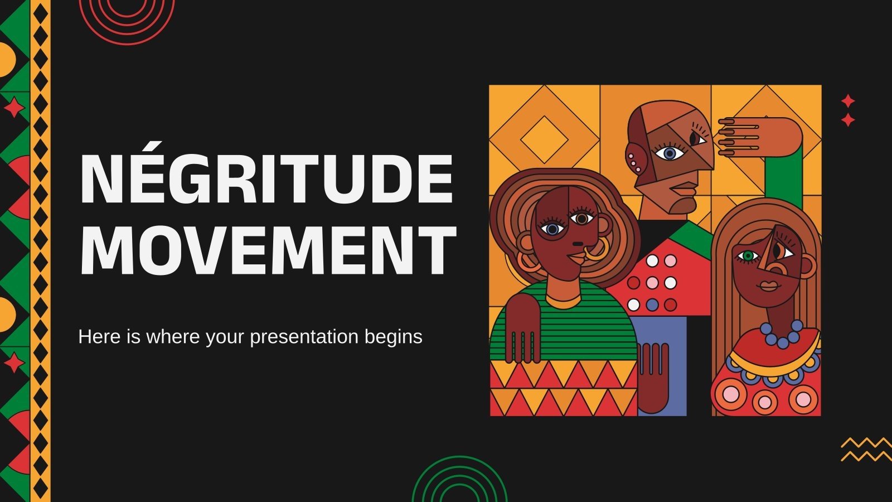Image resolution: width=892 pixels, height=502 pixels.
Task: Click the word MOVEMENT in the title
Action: [268, 250]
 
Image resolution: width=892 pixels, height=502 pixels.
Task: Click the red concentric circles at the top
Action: [127, 17]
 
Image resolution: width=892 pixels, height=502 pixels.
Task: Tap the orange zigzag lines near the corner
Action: [866, 450]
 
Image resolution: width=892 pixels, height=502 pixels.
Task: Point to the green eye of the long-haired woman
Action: [748, 255]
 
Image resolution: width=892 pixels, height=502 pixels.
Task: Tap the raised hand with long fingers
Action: [758, 136]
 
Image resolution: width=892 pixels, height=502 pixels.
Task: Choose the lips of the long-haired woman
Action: [770, 286]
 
